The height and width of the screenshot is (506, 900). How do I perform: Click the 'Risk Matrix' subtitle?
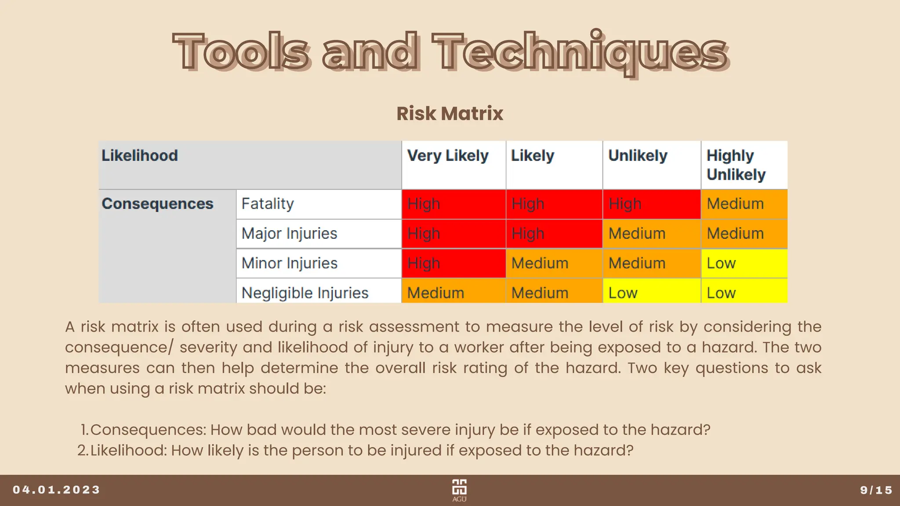coord(450,113)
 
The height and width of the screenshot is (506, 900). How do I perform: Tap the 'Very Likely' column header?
coord(447,156)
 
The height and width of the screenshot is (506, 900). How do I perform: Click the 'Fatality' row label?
coord(268,204)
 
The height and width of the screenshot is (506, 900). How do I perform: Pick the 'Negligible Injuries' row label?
coord(305,293)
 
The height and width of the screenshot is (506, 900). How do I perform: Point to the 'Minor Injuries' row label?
coord(290,263)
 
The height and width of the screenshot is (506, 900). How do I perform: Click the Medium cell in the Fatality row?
coord(744,204)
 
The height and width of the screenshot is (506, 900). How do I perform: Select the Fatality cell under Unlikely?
coord(651,204)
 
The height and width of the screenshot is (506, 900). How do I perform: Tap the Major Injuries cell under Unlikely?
coord(651,234)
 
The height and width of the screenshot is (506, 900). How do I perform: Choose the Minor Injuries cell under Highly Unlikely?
coord(744,263)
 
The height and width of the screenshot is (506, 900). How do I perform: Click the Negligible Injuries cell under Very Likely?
coord(453,293)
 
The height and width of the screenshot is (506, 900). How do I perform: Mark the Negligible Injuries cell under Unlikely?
coord(651,293)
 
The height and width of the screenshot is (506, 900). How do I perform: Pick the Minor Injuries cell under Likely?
coord(554,263)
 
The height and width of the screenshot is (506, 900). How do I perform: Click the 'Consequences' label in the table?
coord(157,204)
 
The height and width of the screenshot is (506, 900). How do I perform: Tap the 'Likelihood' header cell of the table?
coord(140,156)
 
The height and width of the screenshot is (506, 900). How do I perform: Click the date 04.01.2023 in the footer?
coord(57,490)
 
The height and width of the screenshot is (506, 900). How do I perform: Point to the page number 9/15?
coord(876,490)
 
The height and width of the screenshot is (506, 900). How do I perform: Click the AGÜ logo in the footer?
coord(459,490)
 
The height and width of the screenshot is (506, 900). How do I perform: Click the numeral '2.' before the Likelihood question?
coord(83,450)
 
